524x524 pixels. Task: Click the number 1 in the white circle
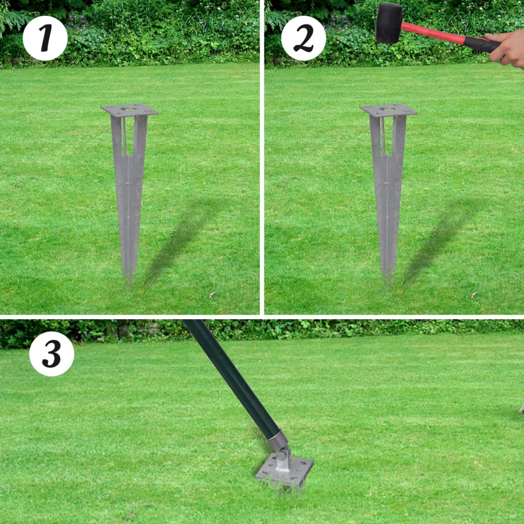tap(46, 38)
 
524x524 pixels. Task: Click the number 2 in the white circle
tap(303, 38)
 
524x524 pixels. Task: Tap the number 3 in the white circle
tap(52, 354)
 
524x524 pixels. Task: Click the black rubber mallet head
tap(389, 24)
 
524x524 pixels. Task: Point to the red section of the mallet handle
tap(433, 33)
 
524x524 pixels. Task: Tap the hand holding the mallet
tap(507, 49)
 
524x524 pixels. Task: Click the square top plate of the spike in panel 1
tap(129, 110)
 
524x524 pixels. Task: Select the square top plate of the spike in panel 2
tap(389, 110)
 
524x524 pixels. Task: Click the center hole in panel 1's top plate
tap(128, 108)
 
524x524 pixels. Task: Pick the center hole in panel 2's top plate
tap(387, 108)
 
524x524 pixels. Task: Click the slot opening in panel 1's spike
tap(128, 136)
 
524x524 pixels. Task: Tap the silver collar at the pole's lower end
tap(277, 440)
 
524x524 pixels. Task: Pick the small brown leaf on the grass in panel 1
tap(212, 294)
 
